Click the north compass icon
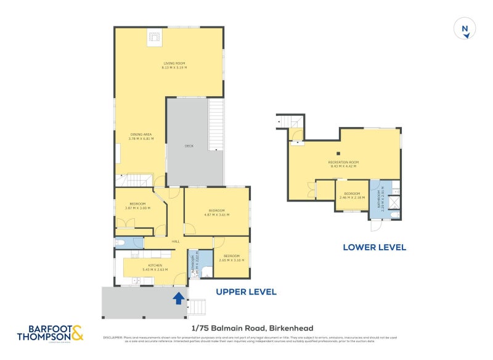465,29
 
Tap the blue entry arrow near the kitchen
179,298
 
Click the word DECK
189,146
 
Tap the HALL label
175,241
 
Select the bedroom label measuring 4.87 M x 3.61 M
216,213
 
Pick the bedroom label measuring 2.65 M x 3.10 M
231,258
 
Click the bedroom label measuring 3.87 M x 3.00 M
137,206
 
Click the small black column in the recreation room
338,153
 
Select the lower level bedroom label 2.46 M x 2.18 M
352,195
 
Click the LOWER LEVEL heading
374,247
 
